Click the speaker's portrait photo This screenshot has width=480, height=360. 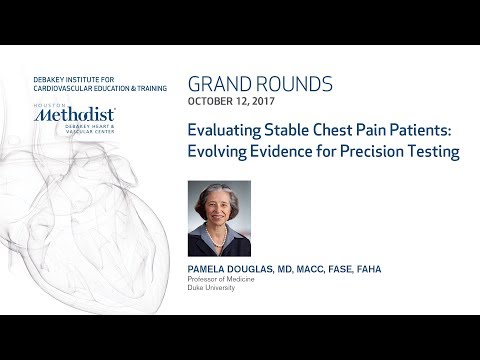pyautogui.click(x=219, y=218)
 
